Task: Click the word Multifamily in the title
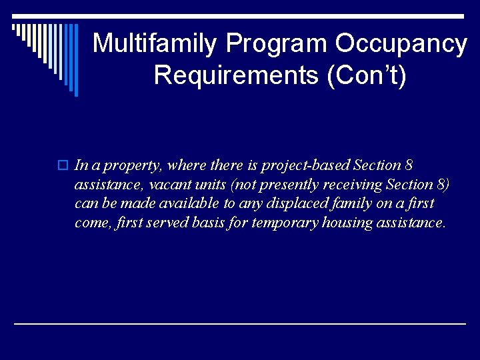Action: (155, 44)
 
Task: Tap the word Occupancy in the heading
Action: (401, 44)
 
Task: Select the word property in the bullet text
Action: (139, 165)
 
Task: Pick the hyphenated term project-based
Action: (307, 165)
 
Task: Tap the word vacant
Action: (153, 185)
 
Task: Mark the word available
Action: (189, 203)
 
